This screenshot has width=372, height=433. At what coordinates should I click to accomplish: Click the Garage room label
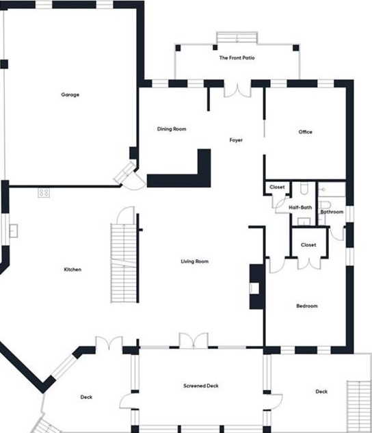click(x=70, y=94)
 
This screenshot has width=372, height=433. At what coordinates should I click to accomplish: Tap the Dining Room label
click(x=172, y=129)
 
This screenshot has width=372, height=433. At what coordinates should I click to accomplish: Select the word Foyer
click(x=236, y=140)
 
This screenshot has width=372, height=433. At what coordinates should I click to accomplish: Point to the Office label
click(x=305, y=132)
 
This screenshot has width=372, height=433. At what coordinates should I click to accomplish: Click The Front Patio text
click(x=237, y=57)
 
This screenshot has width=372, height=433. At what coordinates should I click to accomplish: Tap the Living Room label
click(x=195, y=261)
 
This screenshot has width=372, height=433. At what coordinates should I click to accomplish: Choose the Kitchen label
click(x=72, y=270)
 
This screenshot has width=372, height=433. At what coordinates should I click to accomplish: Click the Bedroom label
click(x=307, y=306)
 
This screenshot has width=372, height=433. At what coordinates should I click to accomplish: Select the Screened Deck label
click(x=201, y=386)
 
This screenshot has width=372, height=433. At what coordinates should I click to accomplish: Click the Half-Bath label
click(x=300, y=207)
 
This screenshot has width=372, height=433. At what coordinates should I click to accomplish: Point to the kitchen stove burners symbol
click(x=44, y=192)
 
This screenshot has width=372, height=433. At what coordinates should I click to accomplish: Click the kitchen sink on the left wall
click(x=14, y=231)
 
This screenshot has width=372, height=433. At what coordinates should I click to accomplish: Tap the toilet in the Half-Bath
click(x=304, y=188)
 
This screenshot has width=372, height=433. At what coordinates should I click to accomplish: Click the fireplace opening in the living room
click(x=254, y=288)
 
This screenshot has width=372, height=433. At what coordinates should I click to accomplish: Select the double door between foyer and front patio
click(x=237, y=90)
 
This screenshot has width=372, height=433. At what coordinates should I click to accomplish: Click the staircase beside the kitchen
click(x=124, y=263)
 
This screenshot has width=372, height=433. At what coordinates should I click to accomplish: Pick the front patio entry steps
click(x=237, y=38)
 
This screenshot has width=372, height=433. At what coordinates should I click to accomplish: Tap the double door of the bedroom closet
click(x=309, y=263)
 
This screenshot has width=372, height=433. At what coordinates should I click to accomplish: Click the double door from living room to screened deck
click(x=194, y=340)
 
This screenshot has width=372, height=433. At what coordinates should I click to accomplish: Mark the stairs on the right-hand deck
click(x=359, y=406)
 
